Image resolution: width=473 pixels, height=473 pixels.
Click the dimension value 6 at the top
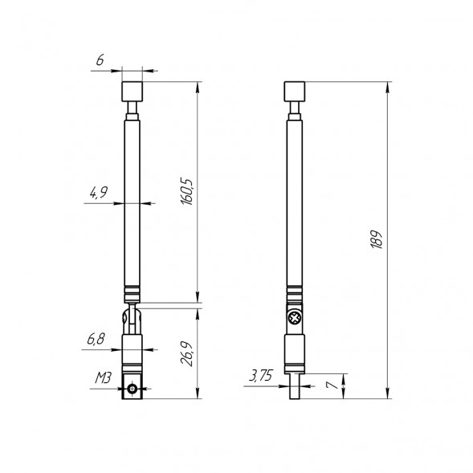click(99, 61)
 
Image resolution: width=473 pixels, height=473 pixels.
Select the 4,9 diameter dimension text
click(98, 193)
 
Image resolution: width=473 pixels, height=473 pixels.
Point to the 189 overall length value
click(377, 239)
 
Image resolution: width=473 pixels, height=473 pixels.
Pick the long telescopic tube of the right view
click(296, 201)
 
